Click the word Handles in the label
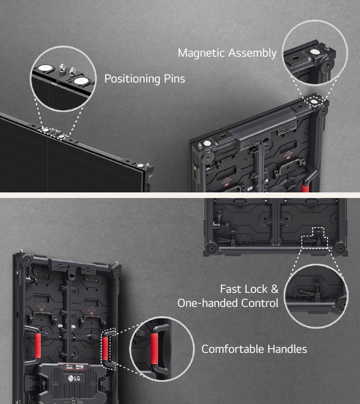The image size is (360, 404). pos(287,349)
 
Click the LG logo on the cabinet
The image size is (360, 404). pos(74,378)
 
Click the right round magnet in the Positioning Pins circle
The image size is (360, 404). pos(80,81)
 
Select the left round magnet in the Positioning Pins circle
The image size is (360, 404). pos(45,68)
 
